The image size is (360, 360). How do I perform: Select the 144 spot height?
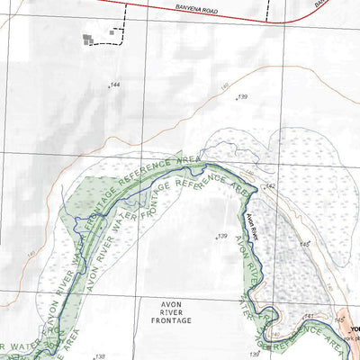[x=113, y=85]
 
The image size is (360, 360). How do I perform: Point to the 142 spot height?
[x=269, y=186]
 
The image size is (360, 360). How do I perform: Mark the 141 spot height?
[x=308, y=317]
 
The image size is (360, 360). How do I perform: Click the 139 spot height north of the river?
[x=242, y=96]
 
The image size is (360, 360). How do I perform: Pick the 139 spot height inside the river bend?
[x=220, y=237]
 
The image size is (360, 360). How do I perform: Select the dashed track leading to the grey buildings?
[x=121, y=31]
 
